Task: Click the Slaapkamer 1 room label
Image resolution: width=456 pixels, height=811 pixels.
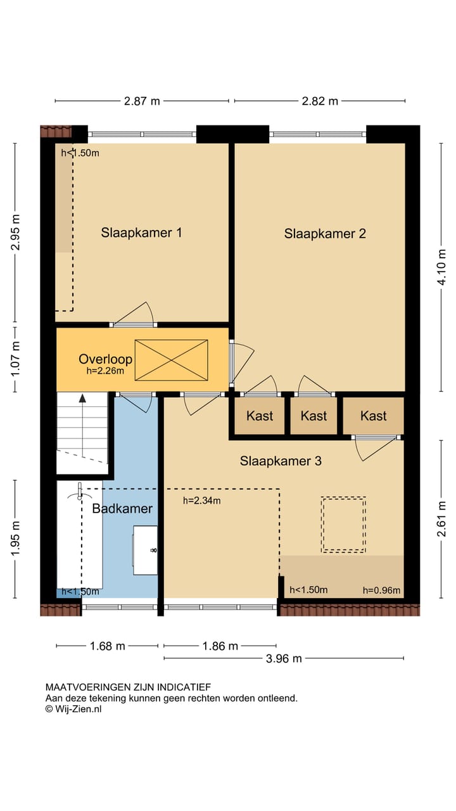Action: point(141,233)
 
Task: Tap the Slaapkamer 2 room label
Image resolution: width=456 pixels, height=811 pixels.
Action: point(325,234)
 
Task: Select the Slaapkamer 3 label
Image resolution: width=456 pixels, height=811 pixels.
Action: point(281,461)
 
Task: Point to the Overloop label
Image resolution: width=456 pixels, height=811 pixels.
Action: point(105,359)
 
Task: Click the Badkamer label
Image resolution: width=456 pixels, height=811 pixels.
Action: point(122,508)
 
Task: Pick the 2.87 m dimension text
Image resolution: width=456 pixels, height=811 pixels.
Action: point(142,101)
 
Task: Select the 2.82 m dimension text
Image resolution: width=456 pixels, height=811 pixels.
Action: point(320,101)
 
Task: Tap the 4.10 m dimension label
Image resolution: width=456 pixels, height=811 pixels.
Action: point(441,267)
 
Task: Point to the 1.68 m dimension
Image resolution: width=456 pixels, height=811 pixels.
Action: point(107,646)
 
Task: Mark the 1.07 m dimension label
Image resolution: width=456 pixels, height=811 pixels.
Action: point(15,359)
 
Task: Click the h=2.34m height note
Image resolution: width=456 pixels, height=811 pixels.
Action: point(201,501)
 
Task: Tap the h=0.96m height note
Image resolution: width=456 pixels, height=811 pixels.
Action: point(381,591)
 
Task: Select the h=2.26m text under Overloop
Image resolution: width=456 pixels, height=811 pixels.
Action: point(105,371)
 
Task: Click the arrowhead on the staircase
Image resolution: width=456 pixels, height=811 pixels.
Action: point(82,399)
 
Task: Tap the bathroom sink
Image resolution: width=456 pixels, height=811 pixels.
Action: point(145,551)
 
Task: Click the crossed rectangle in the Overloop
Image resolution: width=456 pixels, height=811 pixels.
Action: point(171,361)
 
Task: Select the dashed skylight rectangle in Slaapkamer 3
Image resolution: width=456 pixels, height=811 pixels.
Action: point(343,525)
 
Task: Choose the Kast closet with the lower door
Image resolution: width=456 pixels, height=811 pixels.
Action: point(373,416)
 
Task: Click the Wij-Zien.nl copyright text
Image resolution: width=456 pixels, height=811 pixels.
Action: point(73,709)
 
